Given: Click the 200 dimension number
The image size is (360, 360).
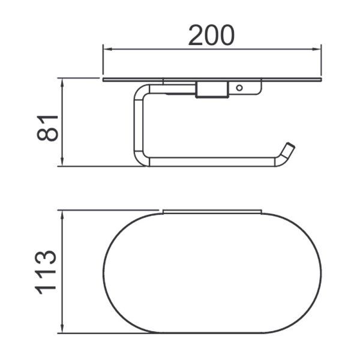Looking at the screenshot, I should [211, 35].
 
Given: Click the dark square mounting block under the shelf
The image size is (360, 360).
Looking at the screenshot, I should [211, 89].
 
